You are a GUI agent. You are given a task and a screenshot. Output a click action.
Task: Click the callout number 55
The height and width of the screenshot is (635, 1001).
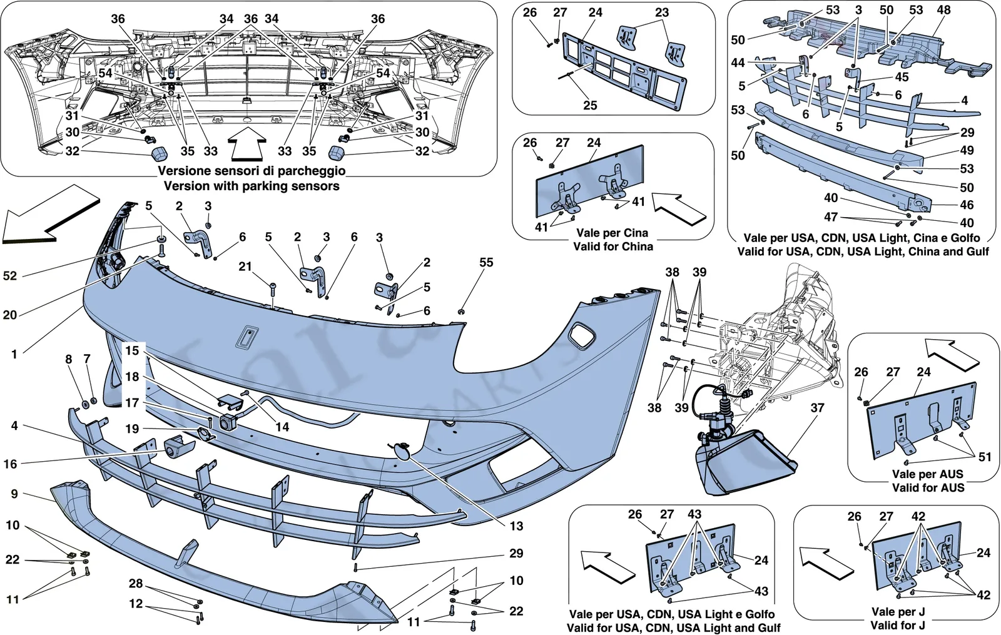click(486, 262)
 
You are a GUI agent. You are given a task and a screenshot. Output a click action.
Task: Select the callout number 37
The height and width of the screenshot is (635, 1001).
click(817, 407)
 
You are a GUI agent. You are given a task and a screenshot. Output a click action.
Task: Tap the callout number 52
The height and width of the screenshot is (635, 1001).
click(10, 276)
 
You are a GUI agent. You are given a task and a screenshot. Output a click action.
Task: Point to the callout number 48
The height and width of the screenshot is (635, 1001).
click(943, 10)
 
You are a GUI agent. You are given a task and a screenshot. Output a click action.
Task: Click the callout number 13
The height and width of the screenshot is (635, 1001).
click(517, 526)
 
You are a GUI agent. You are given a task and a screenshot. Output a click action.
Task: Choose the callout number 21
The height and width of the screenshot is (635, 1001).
click(245, 267)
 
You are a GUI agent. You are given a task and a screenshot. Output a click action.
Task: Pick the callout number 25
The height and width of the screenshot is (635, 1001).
click(591, 105)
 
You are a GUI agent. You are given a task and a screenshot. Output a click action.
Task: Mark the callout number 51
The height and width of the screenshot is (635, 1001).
click(985, 457)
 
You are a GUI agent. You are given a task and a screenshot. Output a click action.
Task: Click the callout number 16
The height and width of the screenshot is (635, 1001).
click(10, 464)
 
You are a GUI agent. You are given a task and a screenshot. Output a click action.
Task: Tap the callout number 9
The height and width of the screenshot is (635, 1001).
click(14, 494)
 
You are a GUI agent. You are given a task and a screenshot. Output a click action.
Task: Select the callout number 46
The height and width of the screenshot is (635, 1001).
click(967, 205)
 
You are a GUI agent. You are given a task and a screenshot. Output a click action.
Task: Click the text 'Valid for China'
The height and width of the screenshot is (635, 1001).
click(613, 246)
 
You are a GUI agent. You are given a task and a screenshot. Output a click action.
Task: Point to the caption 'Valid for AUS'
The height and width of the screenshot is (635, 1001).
click(928, 487)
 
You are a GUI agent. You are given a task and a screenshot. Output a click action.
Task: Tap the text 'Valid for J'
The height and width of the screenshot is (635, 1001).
click(898, 625)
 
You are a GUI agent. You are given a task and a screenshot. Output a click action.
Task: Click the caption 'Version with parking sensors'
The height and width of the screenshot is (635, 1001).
click(252, 186)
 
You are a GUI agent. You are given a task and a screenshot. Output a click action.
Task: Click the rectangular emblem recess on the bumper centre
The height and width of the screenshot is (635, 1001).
click(246, 335)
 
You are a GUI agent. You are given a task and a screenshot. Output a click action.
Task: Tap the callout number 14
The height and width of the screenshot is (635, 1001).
click(282, 427)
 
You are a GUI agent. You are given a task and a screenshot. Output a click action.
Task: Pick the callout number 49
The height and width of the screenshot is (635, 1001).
click(967, 150)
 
